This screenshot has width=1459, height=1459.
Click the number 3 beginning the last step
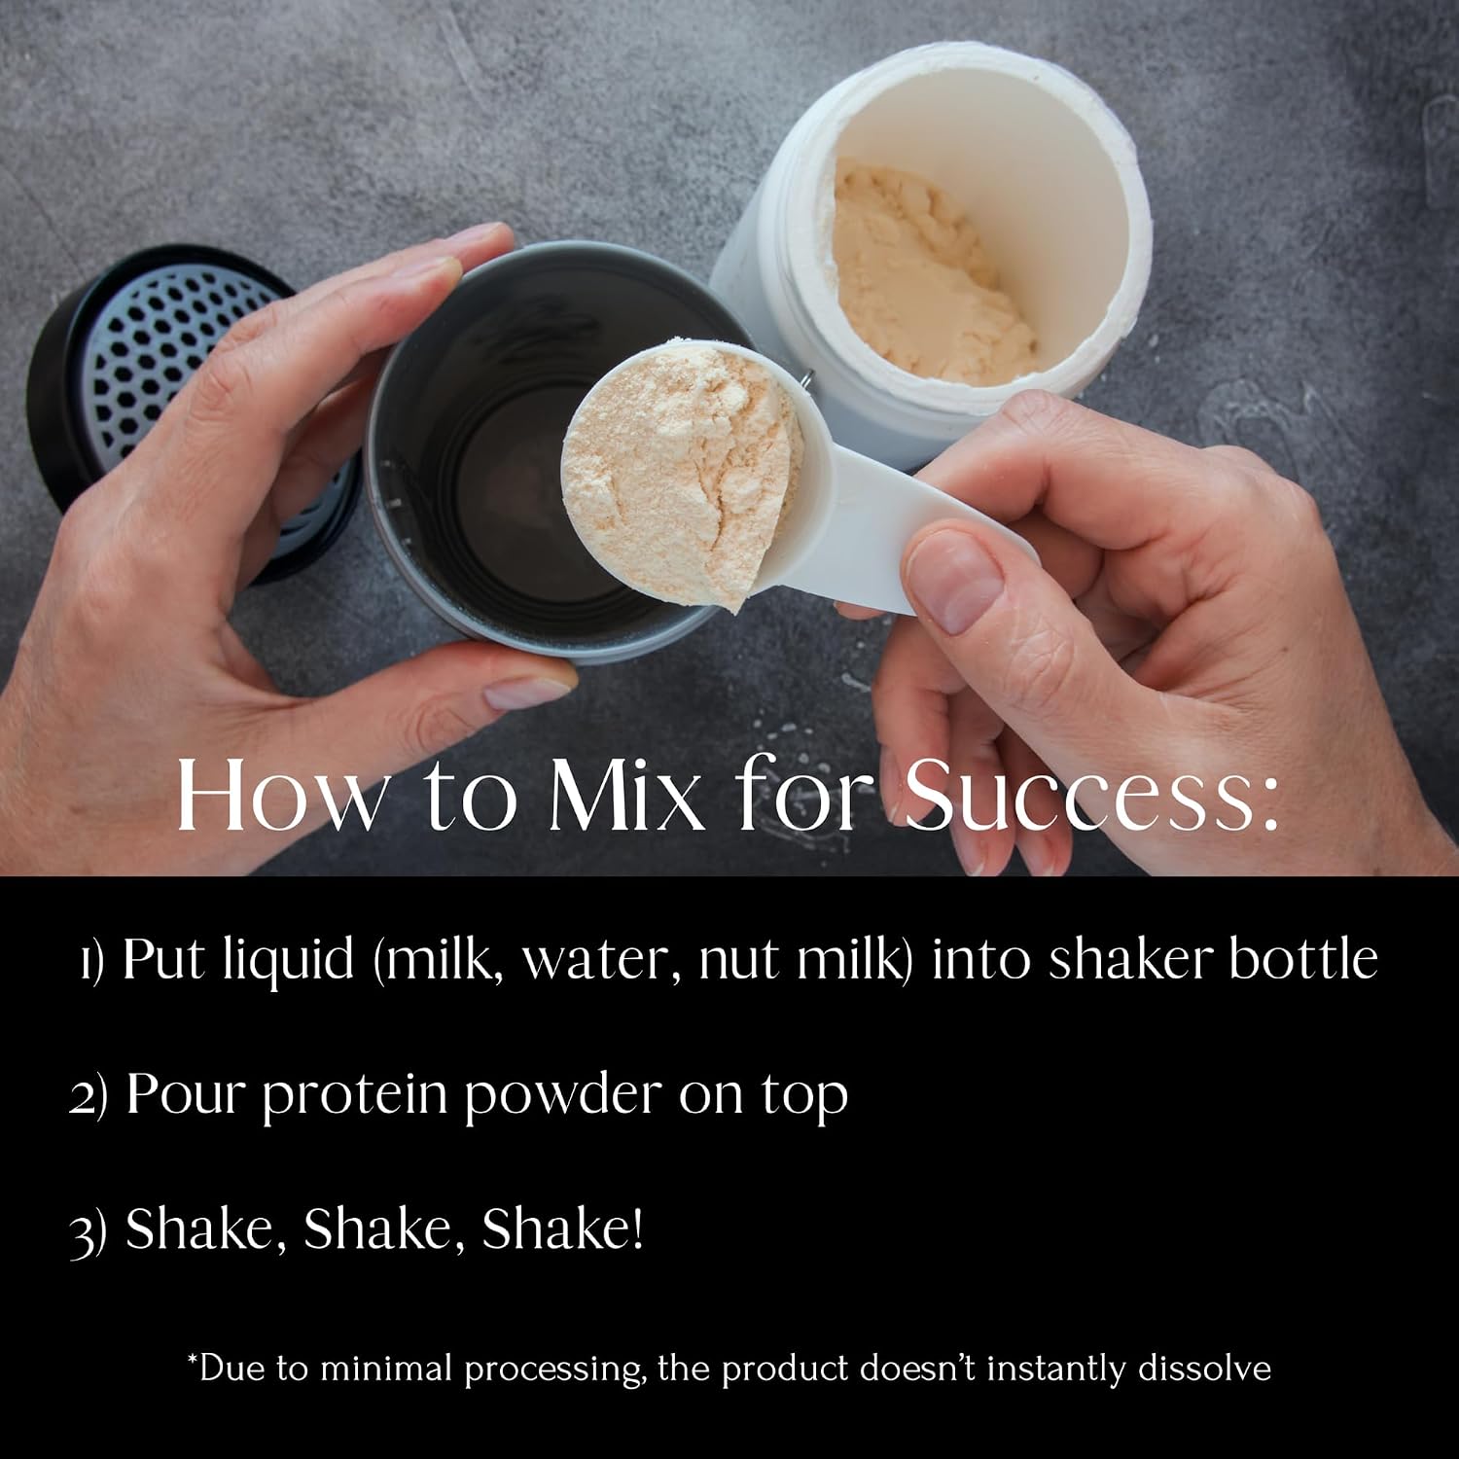pos(82,1231)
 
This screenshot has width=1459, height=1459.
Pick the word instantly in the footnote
pos(1067,1369)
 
